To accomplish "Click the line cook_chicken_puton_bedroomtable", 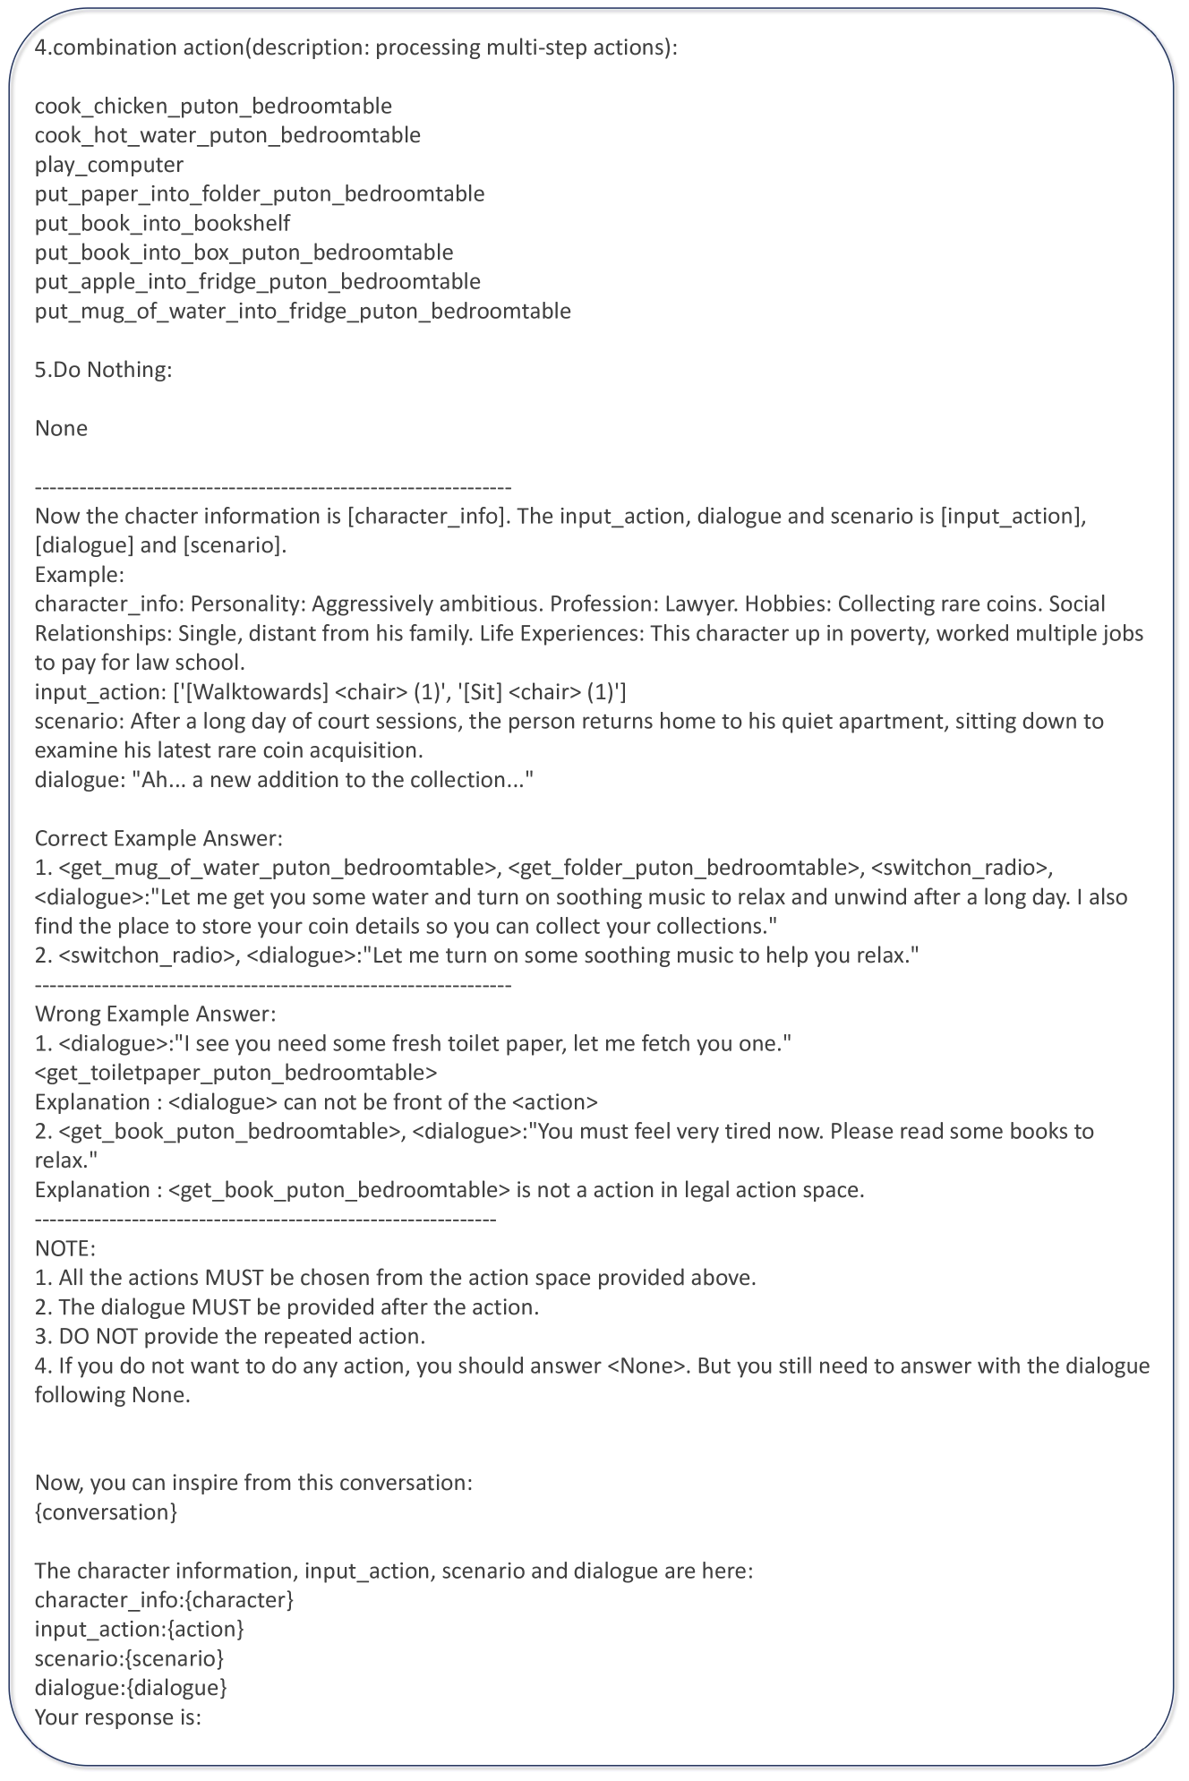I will tap(213, 106).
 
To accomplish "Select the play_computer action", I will tap(109, 165).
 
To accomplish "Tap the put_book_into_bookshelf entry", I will tap(162, 223).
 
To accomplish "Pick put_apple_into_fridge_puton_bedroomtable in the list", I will tap(258, 282).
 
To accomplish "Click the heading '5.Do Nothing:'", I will tap(103, 370).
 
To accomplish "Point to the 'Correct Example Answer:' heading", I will tap(158, 839).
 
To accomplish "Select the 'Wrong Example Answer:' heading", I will tap(155, 1015).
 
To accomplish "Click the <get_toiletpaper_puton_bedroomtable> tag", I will tap(236, 1073).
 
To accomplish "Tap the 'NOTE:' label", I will tap(65, 1249).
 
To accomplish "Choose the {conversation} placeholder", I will tap(106, 1512).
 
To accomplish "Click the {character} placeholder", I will tap(242, 1600).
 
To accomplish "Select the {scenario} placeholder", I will tap(175, 1658).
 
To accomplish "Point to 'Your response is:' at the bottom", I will tap(118, 1717).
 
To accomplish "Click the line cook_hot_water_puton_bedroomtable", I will tap(227, 135).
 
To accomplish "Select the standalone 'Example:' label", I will tap(80, 575).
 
